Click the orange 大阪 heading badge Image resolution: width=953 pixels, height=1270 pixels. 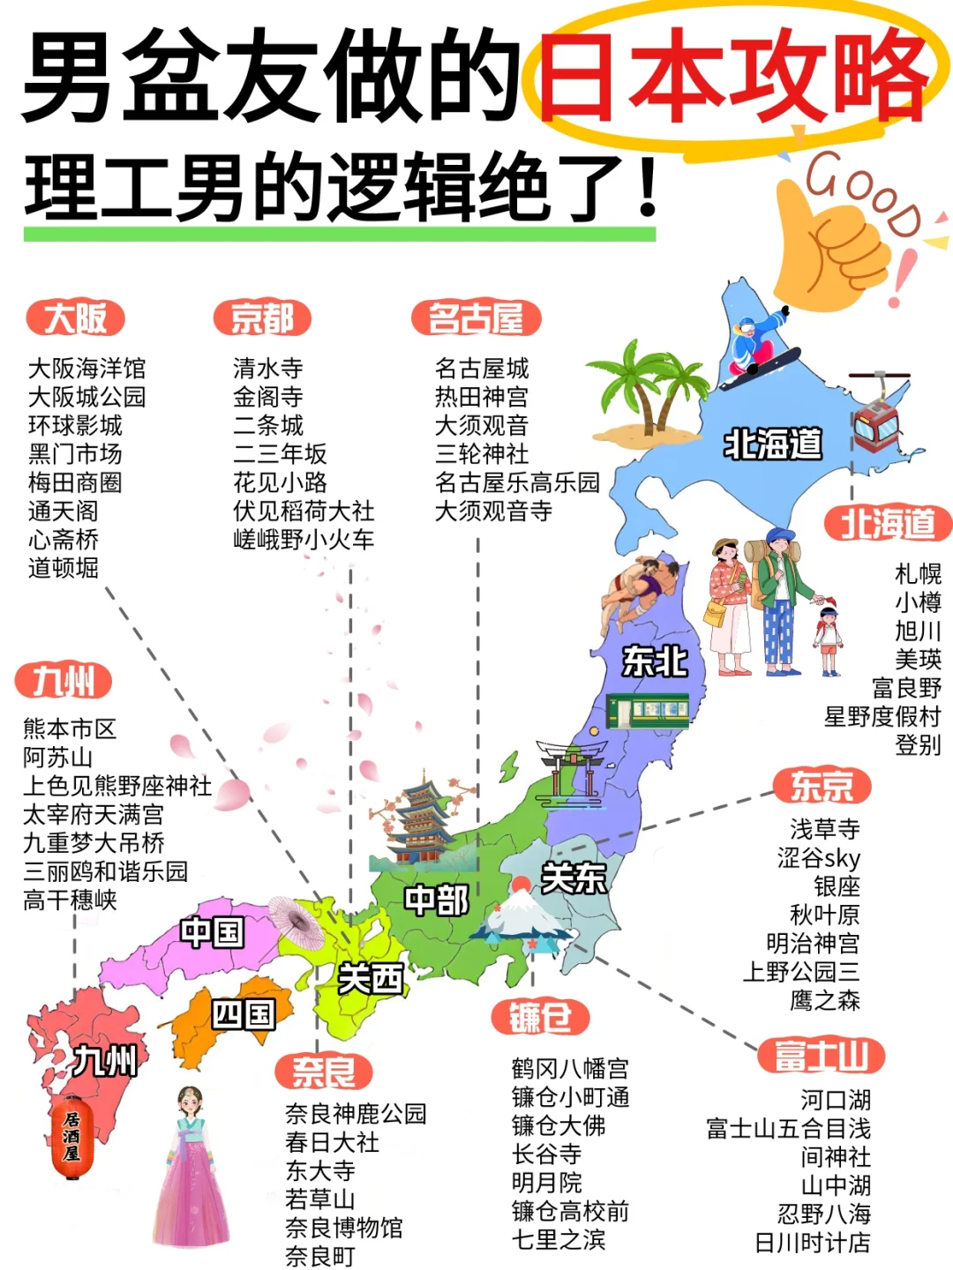coord(76,318)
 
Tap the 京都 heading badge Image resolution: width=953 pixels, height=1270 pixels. coord(262,318)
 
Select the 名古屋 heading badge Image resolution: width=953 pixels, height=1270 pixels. coord(476,318)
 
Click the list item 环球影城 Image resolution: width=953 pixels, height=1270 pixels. coord(75,425)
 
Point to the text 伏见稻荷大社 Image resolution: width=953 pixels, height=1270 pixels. coord(304,511)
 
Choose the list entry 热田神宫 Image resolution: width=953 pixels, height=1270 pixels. coord(481,397)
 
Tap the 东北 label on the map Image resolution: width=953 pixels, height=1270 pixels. coord(654,661)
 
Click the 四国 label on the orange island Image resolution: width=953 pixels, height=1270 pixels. coord(243,1014)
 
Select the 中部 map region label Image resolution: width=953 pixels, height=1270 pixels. coord(437,900)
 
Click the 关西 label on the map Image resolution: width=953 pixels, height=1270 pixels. coord(371,978)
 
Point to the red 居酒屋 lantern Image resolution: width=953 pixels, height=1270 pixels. coord(71,1137)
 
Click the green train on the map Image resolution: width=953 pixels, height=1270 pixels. coord(648,710)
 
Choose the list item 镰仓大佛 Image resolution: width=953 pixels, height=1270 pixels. coord(559,1125)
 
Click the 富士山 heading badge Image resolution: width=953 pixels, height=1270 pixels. coord(821,1055)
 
